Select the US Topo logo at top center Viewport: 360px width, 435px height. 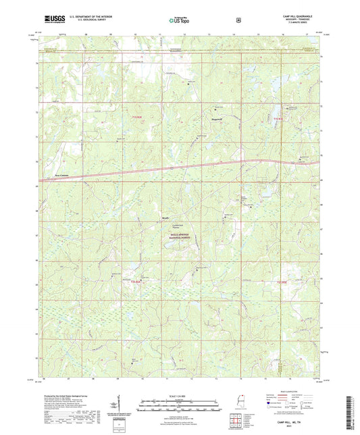click(180, 20)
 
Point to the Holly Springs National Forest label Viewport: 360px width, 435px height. click(181, 239)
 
